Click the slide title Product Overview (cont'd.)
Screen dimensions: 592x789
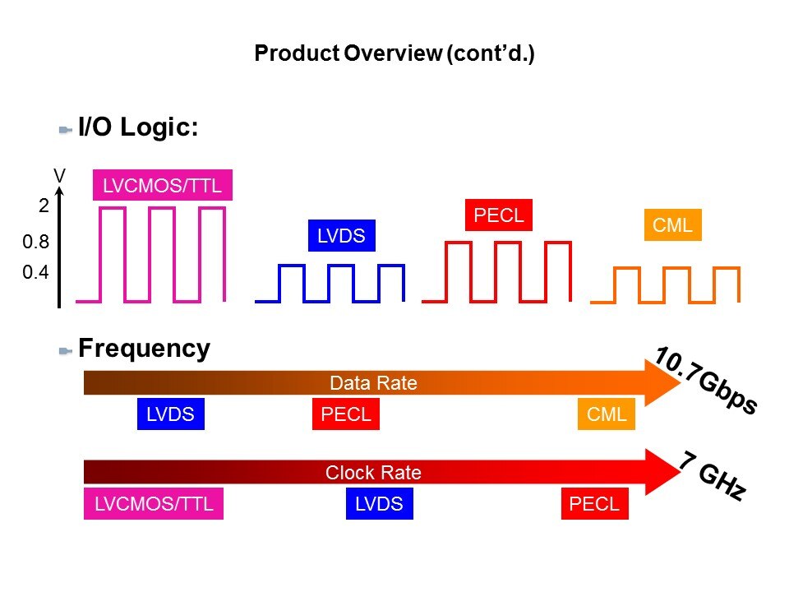[x=394, y=54]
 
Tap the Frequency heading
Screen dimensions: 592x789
[x=144, y=349]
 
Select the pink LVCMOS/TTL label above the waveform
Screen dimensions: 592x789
[x=162, y=186]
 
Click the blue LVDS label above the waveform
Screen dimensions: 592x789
[x=341, y=237]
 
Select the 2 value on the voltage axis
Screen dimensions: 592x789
[x=44, y=207]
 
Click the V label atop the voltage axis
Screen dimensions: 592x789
[x=59, y=176]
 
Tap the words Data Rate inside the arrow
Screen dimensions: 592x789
[x=373, y=383]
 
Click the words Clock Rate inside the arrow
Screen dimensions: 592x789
[x=373, y=473]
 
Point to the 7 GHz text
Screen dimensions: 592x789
[x=713, y=476]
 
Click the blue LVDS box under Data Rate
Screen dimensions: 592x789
[x=170, y=414]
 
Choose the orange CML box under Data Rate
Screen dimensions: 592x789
[x=607, y=414]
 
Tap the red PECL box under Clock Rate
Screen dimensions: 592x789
[x=594, y=504]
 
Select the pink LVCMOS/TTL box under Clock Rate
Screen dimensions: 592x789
[x=154, y=504]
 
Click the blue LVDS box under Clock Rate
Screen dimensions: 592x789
[x=378, y=504]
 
